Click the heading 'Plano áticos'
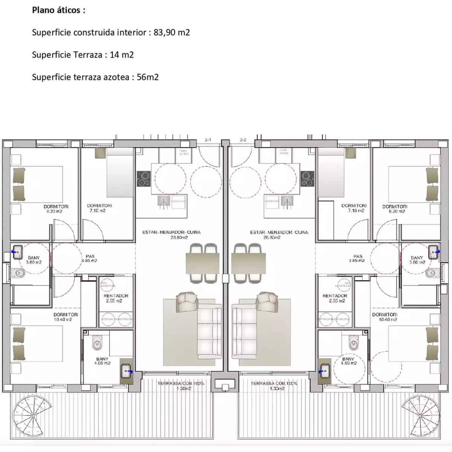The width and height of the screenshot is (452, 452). [x=58, y=10]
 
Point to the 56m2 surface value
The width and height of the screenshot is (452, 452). [x=148, y=77]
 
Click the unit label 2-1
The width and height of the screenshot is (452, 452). [x=208, y=140]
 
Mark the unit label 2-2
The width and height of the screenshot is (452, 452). [x=243, y=140]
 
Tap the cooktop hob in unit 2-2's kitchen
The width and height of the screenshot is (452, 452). [x=308, y=179]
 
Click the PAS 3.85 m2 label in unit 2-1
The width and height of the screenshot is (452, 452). [x=90, y=258]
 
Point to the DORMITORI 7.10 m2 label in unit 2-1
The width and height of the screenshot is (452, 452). [x=99, y=208]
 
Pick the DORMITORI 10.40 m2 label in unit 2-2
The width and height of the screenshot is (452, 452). [x=385, y=317]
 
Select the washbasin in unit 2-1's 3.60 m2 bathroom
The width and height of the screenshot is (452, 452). [x=17, y=252]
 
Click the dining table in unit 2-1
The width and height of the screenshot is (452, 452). [x=202, y=263]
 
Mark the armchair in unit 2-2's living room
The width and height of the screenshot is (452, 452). [x=267, y=300]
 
